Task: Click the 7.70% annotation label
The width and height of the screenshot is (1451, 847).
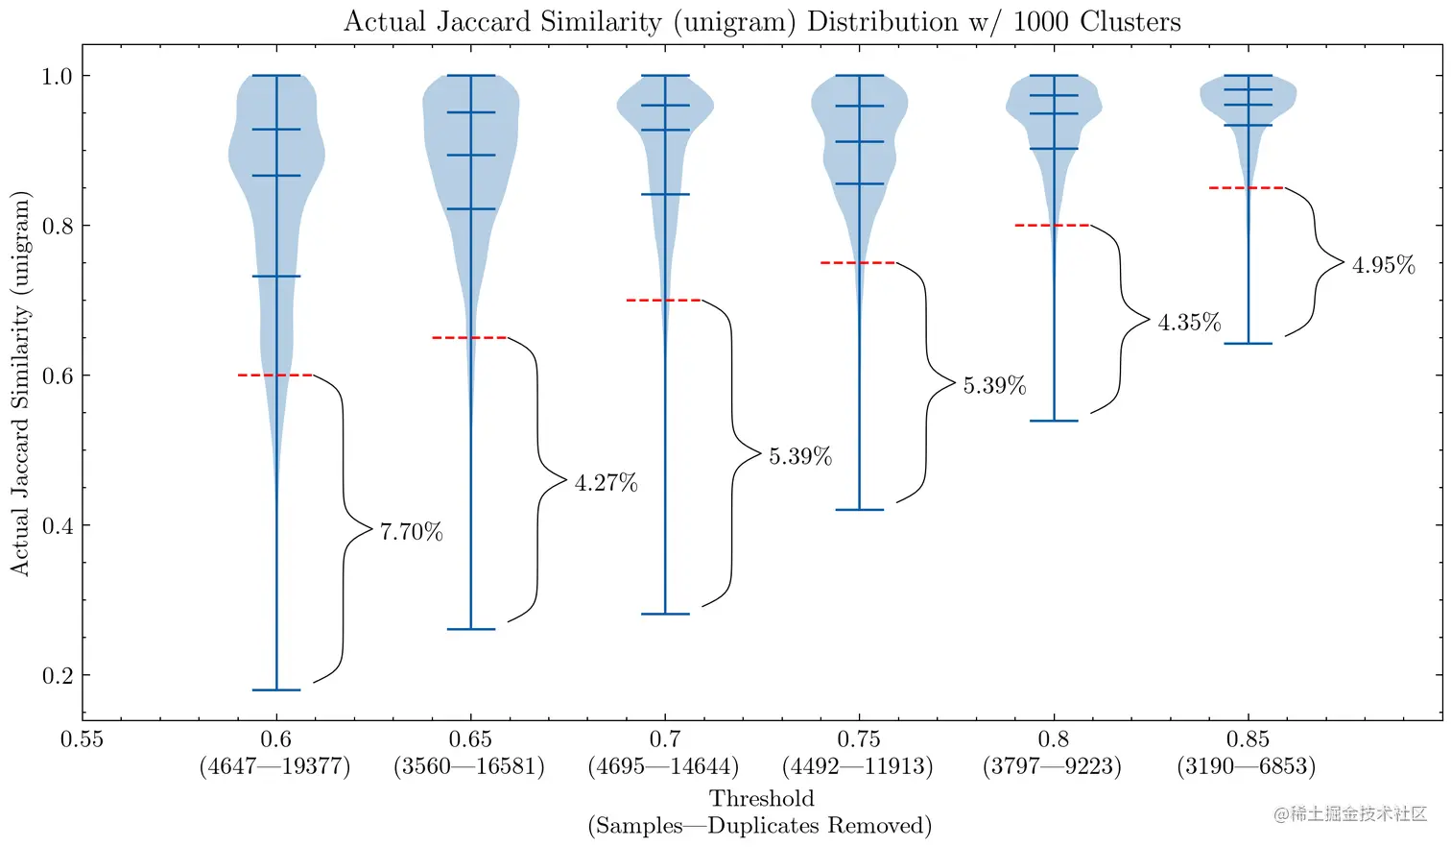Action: point(411,532)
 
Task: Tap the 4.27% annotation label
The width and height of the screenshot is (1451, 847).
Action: point(606,483)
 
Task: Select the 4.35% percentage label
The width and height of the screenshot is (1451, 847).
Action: point(1189,323)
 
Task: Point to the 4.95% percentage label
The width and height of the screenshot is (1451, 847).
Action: point(1383,265)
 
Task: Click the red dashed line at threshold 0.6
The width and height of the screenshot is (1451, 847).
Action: point(275,375)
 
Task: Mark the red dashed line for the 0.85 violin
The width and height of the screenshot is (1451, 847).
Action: point(1247,188)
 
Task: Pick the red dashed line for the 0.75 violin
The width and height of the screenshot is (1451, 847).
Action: point(858,262)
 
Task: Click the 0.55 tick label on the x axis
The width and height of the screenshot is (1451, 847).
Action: point(82,739)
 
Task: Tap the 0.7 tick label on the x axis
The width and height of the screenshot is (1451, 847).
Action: point(664,739)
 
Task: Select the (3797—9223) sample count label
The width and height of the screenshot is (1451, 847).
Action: point(1052,766)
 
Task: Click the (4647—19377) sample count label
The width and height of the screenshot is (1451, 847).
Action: point(275,766)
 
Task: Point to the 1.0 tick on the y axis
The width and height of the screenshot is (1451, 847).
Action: point(58,76)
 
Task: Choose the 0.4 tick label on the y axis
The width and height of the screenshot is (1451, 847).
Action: point(58,525)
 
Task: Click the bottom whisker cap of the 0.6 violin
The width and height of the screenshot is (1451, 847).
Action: point(276,690)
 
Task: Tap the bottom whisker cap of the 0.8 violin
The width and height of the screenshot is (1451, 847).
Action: point(1054,421)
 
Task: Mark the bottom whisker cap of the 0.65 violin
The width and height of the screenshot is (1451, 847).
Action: point(471,629)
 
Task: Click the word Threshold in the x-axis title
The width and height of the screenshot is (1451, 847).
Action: point(761,798)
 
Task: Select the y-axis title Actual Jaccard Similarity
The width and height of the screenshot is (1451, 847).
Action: point(21,384)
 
